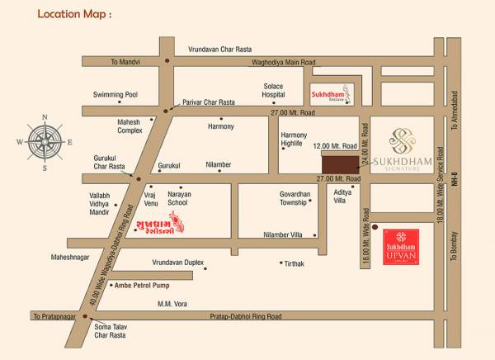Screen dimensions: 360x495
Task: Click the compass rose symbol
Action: pyautogui.click(x=45, y=140)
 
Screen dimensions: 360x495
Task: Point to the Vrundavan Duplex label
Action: pyautogui.click(x=177, y=262)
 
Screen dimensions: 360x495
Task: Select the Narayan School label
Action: pyautogui.click(x=179, y=198)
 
